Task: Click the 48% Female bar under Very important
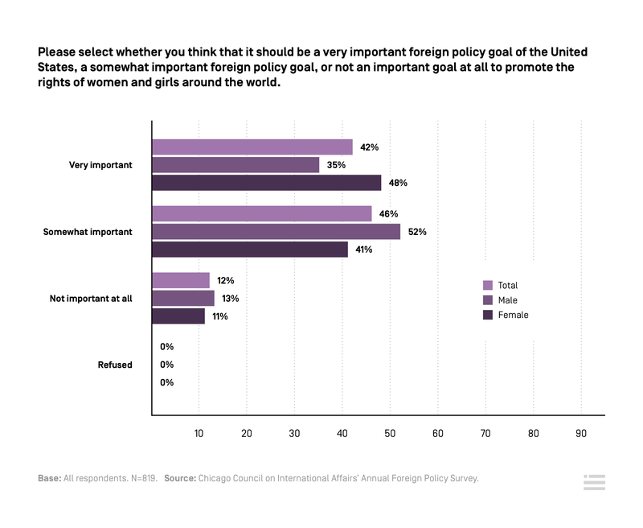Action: click(x=266, y=183)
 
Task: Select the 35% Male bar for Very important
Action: click(x=235, y=165)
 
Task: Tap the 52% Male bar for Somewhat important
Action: click(x=276, y=232)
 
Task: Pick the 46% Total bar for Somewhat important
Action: click(x=261, y=214)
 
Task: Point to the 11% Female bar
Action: click(x=178, y=316)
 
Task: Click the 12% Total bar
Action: click(x=181, y=280)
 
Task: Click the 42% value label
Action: click(x=369, y=147)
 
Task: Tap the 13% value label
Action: click(x=230, y=299)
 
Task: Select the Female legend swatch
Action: click(x=487, y=315)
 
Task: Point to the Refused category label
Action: click(x=115, y=365)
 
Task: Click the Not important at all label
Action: click(x=91, y=299)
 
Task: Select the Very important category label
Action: click(x=100, y=165)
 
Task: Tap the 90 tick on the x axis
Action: click(x=581, y=433)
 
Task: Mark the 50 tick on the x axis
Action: click(x=390, y=433)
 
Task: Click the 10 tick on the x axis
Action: click(x=199, y=433)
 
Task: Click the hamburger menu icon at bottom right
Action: click(x=594, y=482)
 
